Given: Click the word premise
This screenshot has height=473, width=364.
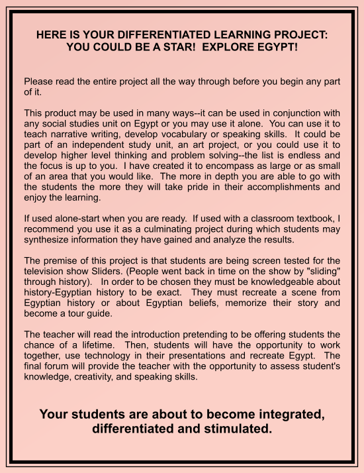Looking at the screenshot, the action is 63,260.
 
